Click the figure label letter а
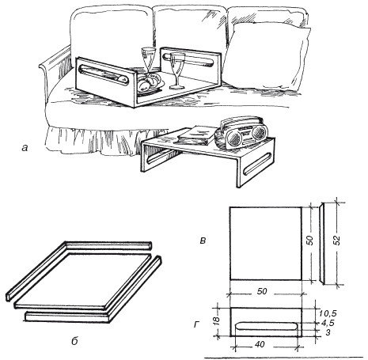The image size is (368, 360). [25, 148]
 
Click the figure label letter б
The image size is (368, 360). [74, 341]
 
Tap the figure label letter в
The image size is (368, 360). [203, 241]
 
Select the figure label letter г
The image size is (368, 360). [196, 324]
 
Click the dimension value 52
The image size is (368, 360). [336, 240]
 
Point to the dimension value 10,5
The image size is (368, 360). [328, 313]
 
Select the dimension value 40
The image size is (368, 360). [260, 344]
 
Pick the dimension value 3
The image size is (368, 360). [328, 332]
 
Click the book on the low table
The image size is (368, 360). [195, 135]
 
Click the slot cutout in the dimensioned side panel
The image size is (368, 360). [266, 326]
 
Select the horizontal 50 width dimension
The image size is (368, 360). [266, 292]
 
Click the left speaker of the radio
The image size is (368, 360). [233, 137]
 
